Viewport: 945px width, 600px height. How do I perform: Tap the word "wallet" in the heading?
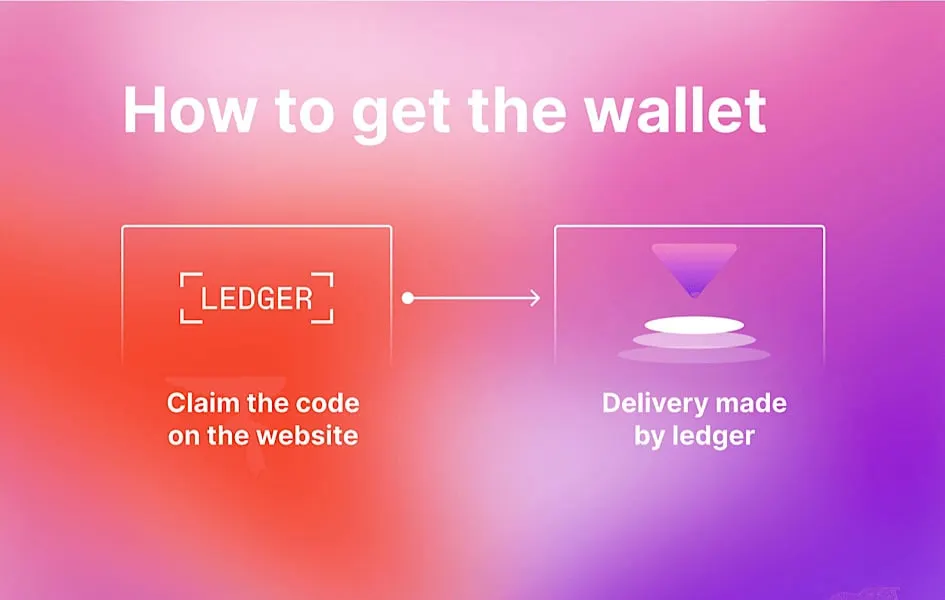click(675, 110)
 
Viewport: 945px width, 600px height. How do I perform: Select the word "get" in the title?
click(401, 114)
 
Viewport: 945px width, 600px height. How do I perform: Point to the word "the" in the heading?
click(517, 110)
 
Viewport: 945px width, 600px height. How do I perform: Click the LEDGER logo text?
click(257, 298)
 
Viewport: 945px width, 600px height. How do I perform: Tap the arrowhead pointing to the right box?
click(535, 298)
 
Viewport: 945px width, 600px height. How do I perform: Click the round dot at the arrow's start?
click(408, 298)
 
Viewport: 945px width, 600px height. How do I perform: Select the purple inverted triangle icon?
click(694, 269)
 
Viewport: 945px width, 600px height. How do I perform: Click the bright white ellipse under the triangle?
click(694, 325)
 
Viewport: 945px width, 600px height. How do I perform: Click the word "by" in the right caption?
click(648, 437)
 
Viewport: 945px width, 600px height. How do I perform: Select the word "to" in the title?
click(304, 112)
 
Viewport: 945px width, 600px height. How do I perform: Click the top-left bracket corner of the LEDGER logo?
click(182, 275)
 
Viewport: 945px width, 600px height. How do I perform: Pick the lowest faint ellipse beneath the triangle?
click(694, 354)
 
